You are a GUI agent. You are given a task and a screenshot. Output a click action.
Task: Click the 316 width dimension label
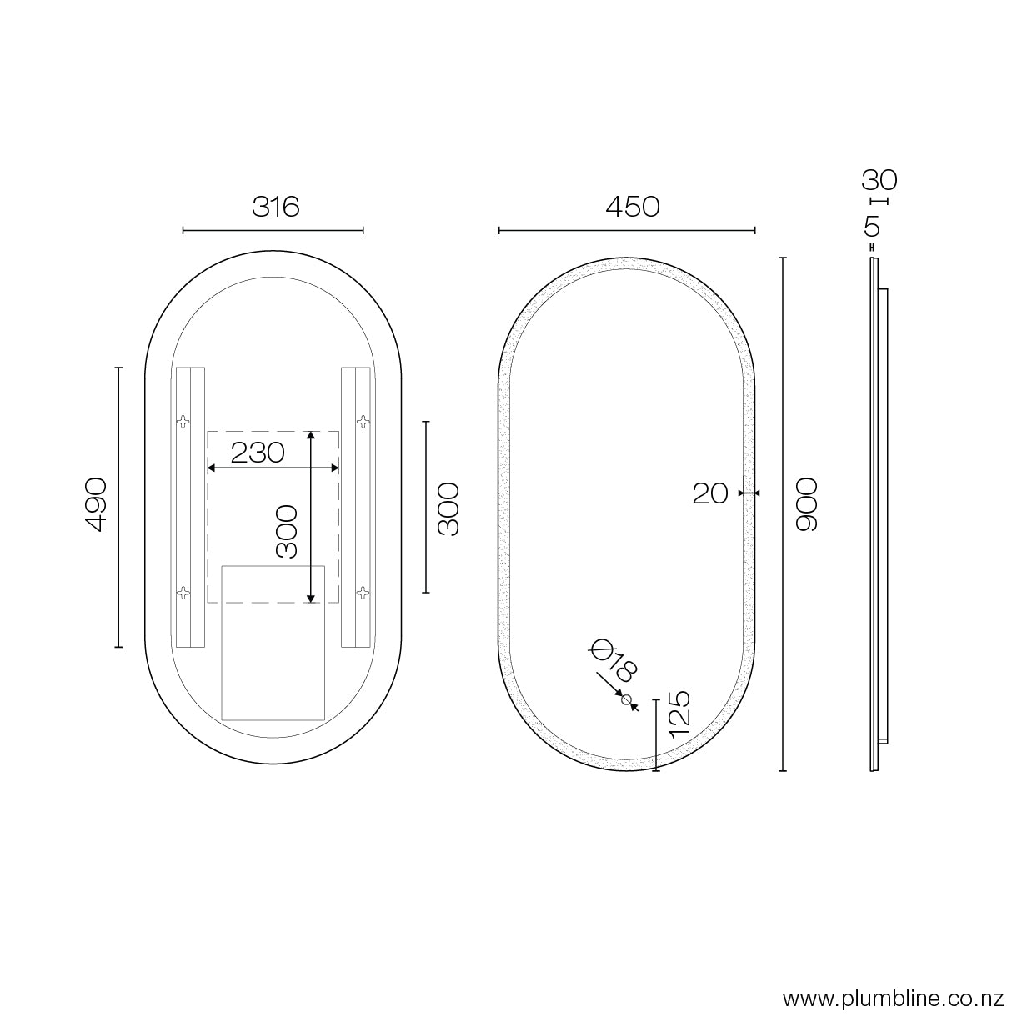point(275,206)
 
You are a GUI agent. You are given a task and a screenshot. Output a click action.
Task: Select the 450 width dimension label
point(633,206)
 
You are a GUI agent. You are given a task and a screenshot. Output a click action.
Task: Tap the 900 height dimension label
point(807,504)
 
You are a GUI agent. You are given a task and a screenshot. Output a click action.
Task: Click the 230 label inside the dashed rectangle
point(258,453)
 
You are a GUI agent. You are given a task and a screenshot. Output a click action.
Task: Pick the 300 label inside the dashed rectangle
point(287,531)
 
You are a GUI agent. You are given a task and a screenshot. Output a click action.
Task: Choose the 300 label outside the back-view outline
point(448,509)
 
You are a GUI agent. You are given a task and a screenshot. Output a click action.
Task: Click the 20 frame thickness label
point(710,493)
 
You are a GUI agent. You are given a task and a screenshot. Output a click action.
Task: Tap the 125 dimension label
point(679,712)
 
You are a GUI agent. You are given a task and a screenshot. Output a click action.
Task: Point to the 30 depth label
point(879,180)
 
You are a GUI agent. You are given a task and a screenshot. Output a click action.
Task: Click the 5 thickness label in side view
point(873,226)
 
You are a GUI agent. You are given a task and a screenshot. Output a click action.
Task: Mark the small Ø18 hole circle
point(627,699)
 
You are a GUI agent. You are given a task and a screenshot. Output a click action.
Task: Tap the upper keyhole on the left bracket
point(183,421)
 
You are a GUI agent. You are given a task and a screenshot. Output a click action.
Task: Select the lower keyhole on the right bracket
point(362,593)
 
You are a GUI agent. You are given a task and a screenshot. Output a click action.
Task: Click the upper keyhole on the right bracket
point(362,421)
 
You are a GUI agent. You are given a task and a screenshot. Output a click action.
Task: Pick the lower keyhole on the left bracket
point(183,593)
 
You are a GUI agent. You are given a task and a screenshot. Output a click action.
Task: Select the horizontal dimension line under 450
point(627,230)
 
